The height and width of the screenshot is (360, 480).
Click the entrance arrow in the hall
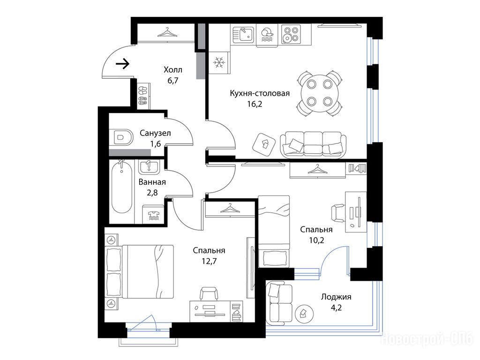point(123,64)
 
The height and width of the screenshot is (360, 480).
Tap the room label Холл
point(173,70)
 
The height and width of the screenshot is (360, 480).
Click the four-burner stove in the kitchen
point(290,34)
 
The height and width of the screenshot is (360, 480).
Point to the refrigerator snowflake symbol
point(219,62)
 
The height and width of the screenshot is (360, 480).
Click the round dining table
point(319,92)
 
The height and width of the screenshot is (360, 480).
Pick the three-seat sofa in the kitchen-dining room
point(314,145)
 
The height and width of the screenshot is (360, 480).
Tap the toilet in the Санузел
point(122,137)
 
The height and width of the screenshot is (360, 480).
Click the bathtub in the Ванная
point(122,187)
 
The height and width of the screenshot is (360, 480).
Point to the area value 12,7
point(209,261)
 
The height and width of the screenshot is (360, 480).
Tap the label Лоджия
point(336,297)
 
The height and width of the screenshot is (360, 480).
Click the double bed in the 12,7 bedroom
point(140,271)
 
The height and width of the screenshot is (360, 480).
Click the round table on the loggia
point(304,313)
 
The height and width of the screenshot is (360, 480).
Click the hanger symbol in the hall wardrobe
point(167,32)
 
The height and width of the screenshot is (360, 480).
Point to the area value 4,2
point(336,307)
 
